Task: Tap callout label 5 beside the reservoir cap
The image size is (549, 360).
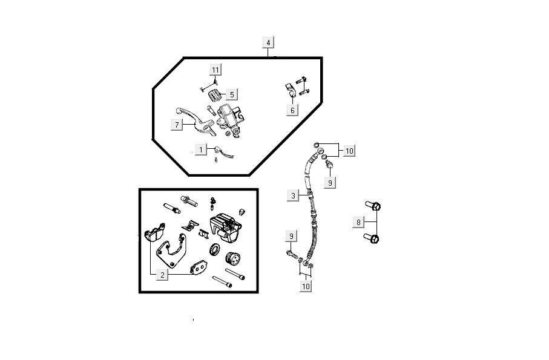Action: click(232, 94)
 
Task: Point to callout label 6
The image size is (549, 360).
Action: click(292, 110)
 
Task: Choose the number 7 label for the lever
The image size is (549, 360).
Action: click(177, 125)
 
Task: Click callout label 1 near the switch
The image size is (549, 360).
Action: click(200, 149)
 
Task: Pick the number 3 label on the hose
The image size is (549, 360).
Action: click(293, 195)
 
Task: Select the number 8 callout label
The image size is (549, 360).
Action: click(358, 223)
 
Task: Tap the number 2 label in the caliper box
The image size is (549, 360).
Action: click(162, 275)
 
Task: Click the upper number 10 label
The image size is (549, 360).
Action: click(349, 151)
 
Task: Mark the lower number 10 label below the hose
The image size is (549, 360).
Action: click(306, 286)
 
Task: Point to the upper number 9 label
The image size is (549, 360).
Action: click(330, 182)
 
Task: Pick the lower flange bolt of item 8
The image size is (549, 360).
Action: click(373, 239)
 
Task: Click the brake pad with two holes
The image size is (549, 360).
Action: click(198, 267)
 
